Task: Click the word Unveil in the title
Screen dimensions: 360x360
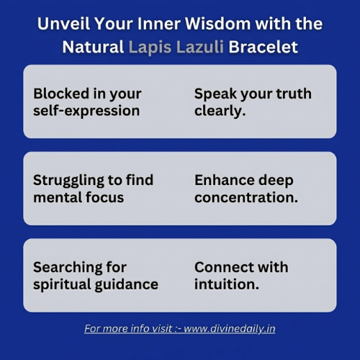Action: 63,24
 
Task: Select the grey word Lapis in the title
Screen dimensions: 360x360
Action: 150,47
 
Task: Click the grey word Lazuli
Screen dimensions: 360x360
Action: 200,46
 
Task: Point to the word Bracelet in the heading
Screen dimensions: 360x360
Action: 264,46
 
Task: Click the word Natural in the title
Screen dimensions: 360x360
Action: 93,46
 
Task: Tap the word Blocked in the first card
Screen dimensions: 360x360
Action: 61,93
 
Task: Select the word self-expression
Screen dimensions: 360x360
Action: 86,111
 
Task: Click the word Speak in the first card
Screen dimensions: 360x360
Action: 215,94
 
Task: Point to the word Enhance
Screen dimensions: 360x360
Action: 225,180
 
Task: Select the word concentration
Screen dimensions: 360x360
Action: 246,197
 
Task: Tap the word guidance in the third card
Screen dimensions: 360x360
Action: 127,284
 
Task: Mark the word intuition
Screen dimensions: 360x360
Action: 227,284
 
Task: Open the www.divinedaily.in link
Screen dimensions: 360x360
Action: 230,328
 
